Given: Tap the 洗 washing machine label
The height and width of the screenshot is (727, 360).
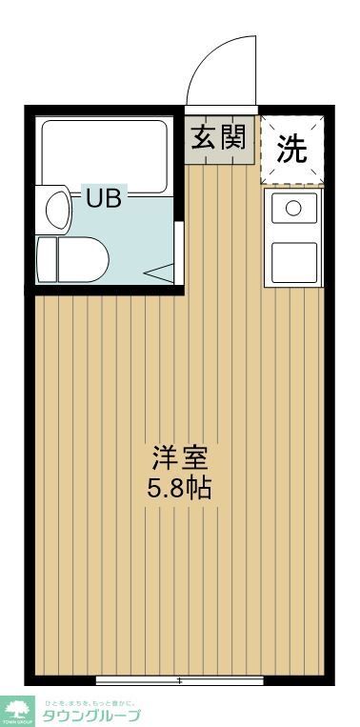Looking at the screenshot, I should coord(291,148).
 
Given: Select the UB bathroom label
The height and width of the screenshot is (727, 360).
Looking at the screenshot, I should coord(106,200).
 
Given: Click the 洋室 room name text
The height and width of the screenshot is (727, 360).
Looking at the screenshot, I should coord(179,457).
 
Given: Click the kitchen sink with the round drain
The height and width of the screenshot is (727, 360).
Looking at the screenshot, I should coord(293,209).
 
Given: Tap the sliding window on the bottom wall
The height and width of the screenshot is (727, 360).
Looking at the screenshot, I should coord(179,680).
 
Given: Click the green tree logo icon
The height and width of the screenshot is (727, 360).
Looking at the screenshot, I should coord(17,709).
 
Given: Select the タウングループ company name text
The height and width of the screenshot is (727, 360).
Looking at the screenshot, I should coord(91,716).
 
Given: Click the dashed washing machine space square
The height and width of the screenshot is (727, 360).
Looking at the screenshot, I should coord(292,148).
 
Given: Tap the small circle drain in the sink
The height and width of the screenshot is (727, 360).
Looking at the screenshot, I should coord(294,207).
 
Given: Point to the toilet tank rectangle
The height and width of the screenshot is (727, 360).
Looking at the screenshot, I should coord(47,258).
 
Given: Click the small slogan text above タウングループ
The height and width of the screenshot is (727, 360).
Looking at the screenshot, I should coord(91,703).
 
